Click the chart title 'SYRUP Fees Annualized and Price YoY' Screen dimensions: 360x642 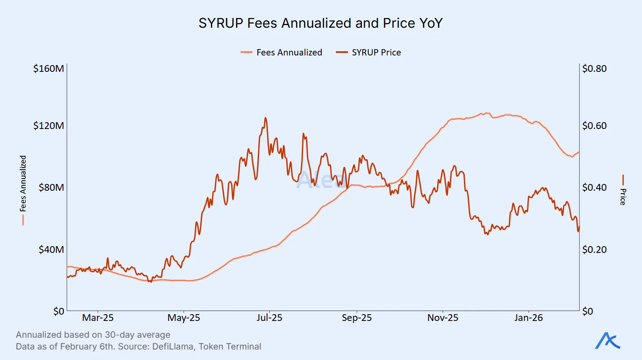320,23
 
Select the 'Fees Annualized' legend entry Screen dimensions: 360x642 289,53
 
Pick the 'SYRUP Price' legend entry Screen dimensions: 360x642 376,53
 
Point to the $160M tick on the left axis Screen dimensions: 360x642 49,68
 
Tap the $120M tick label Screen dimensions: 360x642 49,126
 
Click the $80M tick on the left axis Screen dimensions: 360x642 51,187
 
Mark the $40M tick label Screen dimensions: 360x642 51,250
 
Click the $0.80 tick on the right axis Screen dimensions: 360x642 594,68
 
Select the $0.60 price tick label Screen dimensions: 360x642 594,126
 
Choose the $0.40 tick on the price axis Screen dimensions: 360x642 594,187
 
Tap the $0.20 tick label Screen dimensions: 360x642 594,250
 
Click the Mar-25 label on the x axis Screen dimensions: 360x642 98,318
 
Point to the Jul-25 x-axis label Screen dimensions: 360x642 269,318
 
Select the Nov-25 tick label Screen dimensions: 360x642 443,318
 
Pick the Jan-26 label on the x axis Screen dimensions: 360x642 528,318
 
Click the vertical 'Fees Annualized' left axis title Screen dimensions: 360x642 23,184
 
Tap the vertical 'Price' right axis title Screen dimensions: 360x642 623,196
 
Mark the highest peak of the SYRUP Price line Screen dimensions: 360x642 265,118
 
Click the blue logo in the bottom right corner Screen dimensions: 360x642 608,341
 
